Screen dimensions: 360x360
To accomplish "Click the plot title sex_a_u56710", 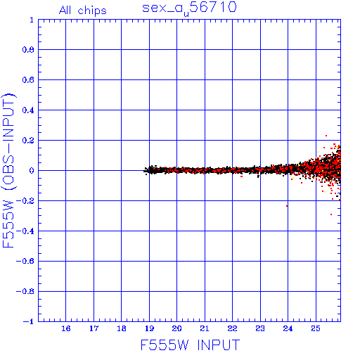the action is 189,8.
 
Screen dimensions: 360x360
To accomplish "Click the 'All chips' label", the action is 83,11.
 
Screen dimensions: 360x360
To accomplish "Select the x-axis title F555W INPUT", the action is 190,345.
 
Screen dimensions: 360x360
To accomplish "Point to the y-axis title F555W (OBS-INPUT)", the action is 8,170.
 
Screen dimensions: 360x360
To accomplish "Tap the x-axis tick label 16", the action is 66,328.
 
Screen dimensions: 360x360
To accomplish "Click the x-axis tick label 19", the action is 149,328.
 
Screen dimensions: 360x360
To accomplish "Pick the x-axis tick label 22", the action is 232,328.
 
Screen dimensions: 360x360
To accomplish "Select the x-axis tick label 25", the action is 316,328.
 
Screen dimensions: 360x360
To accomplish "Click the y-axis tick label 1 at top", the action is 32,20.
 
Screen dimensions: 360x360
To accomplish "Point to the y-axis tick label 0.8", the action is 28,50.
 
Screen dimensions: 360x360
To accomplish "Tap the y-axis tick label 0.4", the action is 28,110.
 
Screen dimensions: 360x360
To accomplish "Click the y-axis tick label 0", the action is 32,171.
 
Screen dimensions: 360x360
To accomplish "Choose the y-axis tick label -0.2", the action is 25,201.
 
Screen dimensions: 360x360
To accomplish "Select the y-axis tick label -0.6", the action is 25,261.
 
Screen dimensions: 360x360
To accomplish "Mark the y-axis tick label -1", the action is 29,321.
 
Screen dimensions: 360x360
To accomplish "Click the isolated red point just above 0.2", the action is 326,136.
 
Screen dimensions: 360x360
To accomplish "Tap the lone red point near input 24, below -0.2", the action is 287,206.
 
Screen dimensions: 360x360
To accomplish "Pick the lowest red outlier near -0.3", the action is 331,214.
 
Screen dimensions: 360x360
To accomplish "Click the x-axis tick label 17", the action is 94,328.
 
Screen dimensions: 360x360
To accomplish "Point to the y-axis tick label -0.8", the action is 25,291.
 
